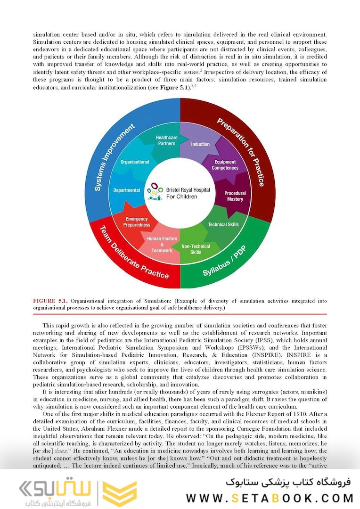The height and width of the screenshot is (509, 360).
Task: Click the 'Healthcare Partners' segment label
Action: (165, 140)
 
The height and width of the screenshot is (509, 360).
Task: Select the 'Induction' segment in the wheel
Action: (200, 144)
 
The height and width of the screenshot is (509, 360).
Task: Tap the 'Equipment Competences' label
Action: (225, 165)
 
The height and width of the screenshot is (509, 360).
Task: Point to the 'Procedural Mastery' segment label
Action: (235, 196)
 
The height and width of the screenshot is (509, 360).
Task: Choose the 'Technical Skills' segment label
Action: (223, 225)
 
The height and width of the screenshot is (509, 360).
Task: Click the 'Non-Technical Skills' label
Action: (196, 249)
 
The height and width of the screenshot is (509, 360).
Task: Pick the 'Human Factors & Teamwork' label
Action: (162, 245)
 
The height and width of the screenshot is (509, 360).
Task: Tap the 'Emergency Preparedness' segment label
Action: (137, 222)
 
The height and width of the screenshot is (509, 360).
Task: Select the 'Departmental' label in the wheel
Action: (126, 190)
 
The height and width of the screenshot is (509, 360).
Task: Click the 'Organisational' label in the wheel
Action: (135, 162)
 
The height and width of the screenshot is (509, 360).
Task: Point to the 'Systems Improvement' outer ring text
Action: (114, 157)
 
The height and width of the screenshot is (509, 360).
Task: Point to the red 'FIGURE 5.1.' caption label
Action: (50, 301)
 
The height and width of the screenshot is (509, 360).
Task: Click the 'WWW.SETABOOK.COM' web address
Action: (270, 498)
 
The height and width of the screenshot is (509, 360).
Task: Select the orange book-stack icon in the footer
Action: (120, 493)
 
